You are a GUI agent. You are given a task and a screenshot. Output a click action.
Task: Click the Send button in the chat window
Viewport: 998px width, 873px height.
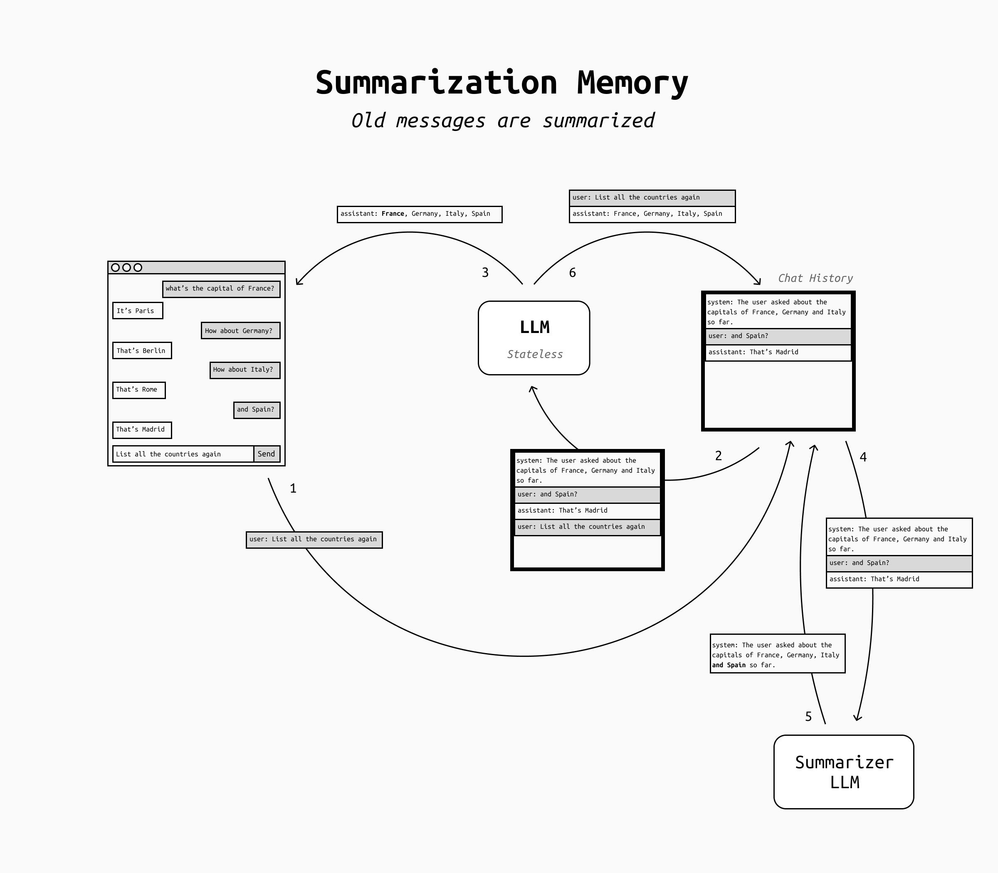point(267,454)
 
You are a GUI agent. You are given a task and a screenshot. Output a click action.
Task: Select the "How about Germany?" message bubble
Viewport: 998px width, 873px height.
point(240,331)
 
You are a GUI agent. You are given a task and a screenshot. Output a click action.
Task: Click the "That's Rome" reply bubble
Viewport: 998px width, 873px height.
point(139,390)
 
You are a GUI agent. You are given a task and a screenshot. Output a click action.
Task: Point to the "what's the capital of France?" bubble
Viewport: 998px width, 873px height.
point(221,289)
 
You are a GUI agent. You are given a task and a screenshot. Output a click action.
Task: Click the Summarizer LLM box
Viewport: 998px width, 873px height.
point(844,772)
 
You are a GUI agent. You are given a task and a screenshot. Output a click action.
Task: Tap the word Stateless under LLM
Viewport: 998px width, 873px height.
point(535,354)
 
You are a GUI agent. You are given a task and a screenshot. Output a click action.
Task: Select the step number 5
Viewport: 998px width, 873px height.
point(808,717)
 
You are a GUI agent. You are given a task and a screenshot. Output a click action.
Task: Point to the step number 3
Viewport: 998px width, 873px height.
point(485,273)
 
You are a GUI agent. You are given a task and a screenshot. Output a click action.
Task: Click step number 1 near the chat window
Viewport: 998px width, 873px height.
point(293,488)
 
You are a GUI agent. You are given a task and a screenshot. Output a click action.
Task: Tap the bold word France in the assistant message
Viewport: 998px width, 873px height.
point(393,214)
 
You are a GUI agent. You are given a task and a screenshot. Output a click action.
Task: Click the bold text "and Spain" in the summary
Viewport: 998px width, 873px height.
point(729,665)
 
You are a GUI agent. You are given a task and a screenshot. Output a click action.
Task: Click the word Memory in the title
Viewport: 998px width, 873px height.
point(632,83)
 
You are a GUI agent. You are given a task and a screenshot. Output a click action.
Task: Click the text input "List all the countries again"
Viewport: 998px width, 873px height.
point(183,454)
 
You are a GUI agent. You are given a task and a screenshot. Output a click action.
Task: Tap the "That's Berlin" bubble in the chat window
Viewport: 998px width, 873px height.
point(142,351)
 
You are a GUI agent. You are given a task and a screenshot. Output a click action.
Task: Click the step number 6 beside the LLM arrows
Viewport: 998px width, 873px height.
point(572,273)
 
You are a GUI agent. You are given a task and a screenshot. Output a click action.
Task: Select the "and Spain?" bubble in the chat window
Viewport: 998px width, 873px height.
point(256,410)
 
